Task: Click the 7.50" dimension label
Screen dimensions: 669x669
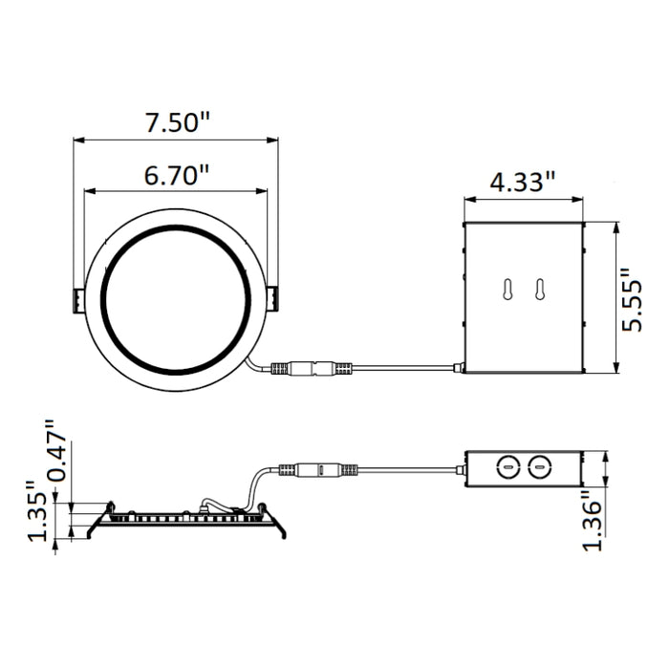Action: [177, 122]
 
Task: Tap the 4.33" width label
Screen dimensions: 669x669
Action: [523, 181]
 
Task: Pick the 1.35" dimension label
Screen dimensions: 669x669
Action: [38, 511]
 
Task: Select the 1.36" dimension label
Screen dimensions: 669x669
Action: [594, 520]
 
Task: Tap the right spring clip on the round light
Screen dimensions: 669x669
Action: [273, 299]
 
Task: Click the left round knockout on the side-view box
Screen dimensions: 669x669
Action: [509, 468]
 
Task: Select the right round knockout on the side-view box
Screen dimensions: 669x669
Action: [540, 468]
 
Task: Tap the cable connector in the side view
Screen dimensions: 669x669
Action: [318, 470]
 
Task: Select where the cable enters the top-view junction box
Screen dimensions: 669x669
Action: [462, 366]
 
